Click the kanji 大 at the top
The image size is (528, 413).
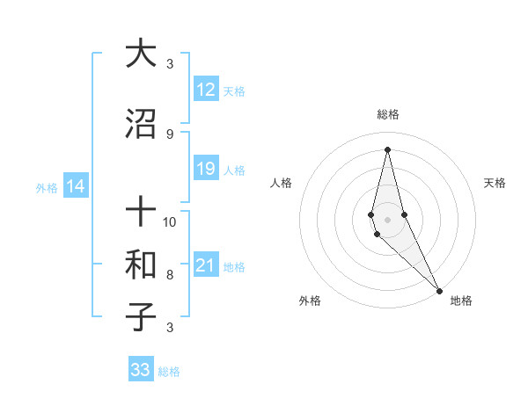(141, 54)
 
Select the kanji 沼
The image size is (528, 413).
(141, 125)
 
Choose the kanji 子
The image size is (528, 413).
(141, 316)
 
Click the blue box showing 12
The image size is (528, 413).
(206, 90)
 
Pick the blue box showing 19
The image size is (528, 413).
(206, 169)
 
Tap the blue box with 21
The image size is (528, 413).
(206, 266)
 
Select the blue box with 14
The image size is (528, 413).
(76, 186)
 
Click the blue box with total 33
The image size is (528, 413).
(141, 370)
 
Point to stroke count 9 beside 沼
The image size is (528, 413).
(170, 134)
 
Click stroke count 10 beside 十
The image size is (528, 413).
(170, 221)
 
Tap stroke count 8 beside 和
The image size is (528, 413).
(170, 274)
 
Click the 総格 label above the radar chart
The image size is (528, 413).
(387, 114)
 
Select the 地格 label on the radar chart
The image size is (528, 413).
(461, 301)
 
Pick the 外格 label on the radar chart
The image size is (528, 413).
(310, 301)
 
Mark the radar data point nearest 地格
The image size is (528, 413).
(439, 290)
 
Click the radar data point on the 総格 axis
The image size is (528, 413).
(387, 149)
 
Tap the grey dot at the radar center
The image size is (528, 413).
(387, 219)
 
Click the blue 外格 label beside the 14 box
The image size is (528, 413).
(47, 187)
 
